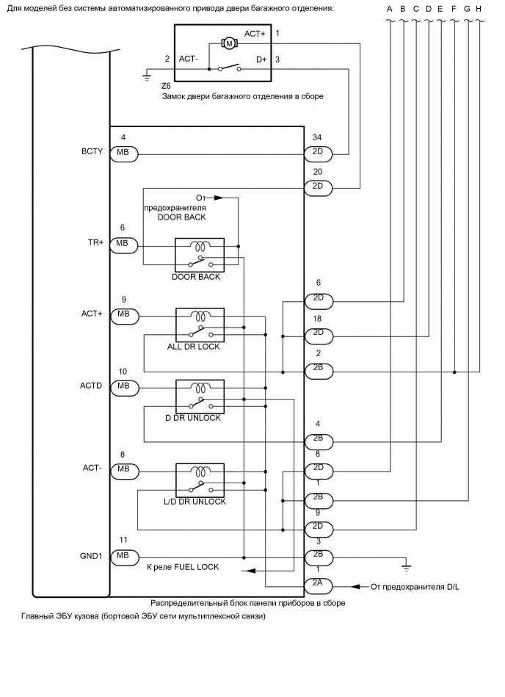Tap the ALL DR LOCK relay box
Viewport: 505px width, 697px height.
click(199, 324)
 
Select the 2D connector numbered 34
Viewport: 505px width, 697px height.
click(318, 154)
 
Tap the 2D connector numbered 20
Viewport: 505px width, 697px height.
click(318, 187)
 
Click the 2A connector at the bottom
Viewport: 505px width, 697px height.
click(318, 586)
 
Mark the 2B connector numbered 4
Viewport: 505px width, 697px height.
click(318, 441)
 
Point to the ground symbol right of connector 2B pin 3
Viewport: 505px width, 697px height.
click(405, 566)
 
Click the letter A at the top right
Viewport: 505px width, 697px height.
click(390, 8)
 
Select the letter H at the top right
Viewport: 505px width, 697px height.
click(479, 8)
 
